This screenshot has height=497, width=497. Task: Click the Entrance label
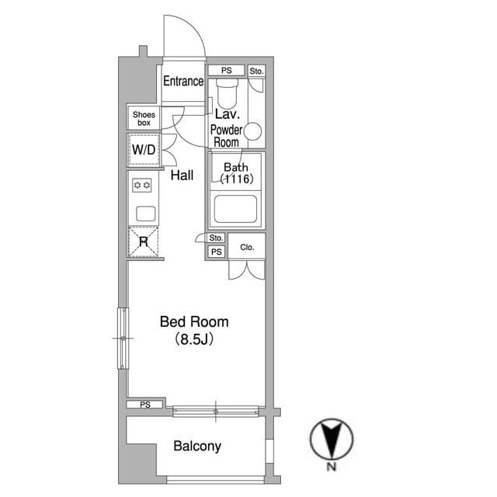183,81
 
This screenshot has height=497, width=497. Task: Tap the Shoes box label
144,119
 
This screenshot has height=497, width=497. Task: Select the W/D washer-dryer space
144,150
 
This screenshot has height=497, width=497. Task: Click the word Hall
182,175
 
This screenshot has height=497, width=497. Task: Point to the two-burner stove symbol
141,185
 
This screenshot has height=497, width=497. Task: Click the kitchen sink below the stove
146,214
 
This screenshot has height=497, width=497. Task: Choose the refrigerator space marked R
143,242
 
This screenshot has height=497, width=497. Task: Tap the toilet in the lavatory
227,94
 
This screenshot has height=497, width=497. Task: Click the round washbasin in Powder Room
252,131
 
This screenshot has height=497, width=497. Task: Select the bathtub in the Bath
235,209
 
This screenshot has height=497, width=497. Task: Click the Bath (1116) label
236,173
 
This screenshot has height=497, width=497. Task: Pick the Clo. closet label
247,247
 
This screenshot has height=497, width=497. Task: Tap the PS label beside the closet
216,252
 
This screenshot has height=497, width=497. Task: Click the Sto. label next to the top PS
256,71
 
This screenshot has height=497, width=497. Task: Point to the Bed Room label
194,321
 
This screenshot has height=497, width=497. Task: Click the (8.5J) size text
194,339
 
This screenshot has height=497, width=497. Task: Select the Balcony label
197,446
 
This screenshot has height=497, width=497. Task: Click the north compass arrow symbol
332,439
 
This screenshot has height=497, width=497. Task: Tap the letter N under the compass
332,467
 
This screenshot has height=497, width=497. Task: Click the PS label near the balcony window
145,405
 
